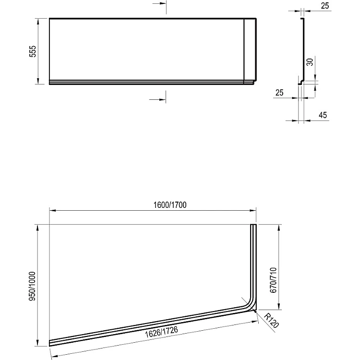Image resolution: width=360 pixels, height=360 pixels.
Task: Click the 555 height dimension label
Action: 33,51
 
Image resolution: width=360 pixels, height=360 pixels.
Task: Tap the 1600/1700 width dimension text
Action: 170,204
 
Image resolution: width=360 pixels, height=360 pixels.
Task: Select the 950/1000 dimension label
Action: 32,286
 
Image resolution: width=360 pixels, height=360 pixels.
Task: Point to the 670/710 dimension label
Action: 273,280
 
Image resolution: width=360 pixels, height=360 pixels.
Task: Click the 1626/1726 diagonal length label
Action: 161,332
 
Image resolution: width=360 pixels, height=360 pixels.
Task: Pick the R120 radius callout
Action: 271,321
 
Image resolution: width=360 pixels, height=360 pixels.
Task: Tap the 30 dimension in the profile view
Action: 310,62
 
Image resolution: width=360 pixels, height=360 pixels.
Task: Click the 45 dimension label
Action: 323,115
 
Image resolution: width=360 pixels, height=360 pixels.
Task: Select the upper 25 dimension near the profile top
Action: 325,6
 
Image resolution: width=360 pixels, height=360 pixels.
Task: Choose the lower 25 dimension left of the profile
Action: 279,93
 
